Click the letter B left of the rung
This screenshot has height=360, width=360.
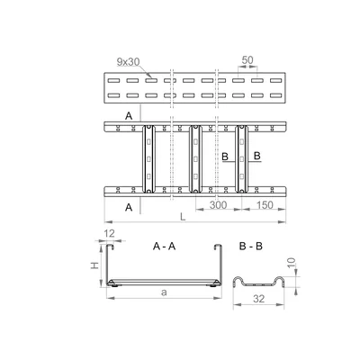pyautogui.click(x=224, y=157)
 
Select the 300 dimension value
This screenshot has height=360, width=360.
pyautogui.click(x=217, y=206)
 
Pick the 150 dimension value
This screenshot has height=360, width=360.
pyautogui.click(x=265, y=206)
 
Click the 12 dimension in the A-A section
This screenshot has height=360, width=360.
pyautogui.click(x=109, y=235)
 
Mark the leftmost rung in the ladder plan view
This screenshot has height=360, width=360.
pyautogui.click(x=145, y=158)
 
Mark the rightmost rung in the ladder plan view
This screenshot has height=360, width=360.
pyautogui.click(x=241, y=158)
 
